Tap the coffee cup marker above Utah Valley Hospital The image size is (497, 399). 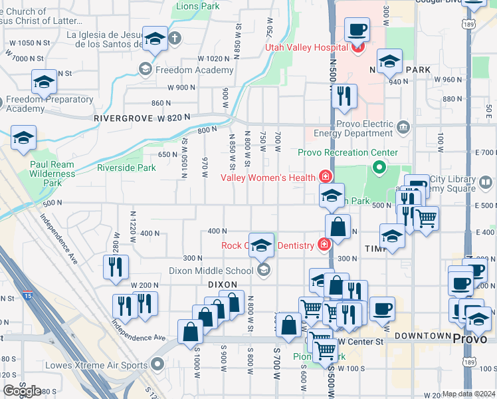356,31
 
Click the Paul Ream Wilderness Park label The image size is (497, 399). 52,173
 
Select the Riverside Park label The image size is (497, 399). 126,168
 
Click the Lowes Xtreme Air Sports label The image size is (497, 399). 96,365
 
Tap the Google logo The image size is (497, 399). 22,391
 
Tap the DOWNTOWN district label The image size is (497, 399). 423,336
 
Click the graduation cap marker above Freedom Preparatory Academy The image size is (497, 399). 44,82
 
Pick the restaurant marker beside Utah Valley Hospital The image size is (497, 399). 344,96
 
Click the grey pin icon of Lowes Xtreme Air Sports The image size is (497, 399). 157,364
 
